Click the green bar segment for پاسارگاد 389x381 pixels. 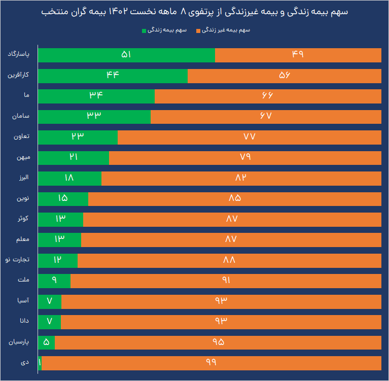126,55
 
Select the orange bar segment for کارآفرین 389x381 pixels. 284,76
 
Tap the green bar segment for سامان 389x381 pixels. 94,117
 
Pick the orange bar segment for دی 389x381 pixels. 211,363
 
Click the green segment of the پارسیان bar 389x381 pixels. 46,342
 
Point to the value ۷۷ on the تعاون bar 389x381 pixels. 249,137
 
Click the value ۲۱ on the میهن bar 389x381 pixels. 74,158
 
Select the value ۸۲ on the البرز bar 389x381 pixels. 241,178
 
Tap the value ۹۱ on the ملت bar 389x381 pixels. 226,281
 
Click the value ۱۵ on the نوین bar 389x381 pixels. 63,199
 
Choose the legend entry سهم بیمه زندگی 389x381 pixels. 167,30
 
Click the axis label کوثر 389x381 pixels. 23,219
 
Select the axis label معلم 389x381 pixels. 22,239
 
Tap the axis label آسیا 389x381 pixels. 23,301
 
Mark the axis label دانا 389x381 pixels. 24,322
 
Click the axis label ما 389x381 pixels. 26,95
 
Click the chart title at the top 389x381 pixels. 194,12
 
